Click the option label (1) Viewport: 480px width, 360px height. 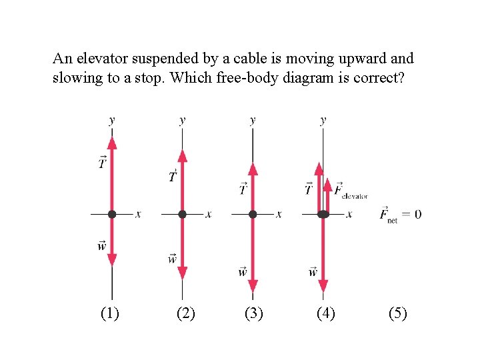point(110,313)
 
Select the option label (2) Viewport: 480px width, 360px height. point(185,313)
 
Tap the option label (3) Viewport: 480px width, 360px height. point(254,313)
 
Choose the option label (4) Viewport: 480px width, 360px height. point(325,313)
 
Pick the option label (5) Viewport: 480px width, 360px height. point(397,313)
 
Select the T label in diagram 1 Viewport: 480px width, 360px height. point(103,162)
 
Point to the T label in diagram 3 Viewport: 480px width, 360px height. point(243,189)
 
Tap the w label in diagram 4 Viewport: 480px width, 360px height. point(313,271)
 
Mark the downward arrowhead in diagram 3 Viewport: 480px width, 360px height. point(253,286)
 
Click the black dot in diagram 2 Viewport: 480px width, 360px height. point(182,214)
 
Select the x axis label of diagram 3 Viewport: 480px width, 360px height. point(279,215)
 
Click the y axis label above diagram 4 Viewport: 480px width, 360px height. point(323,121)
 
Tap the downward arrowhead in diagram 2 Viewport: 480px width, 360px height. point(182,273)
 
